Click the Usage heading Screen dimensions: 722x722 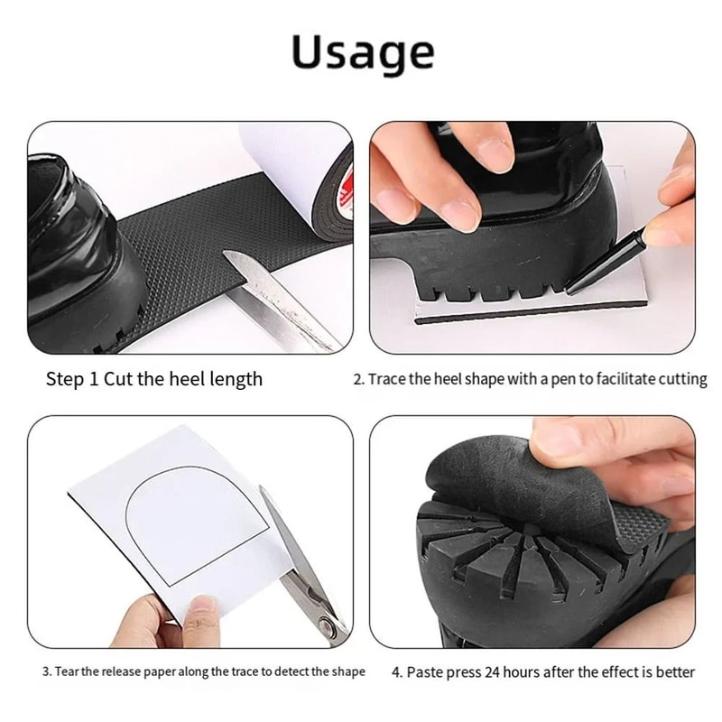point(362,53)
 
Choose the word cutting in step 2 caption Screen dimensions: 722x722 point(680,379)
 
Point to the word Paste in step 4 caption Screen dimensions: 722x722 point(426,672)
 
